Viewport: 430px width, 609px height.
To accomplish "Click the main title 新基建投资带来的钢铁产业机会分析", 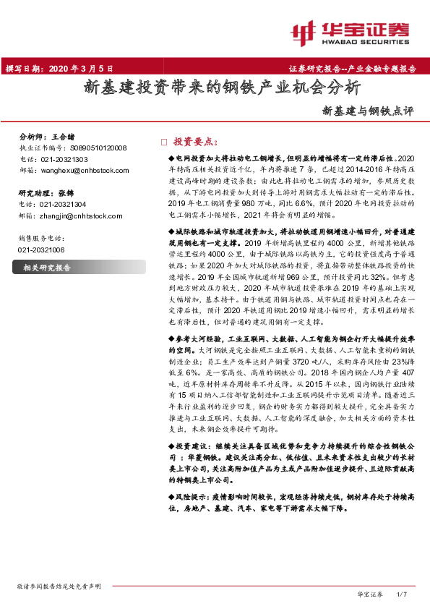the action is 222,89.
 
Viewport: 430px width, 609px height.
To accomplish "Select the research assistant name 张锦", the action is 66,194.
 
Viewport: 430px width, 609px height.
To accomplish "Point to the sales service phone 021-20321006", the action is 43,249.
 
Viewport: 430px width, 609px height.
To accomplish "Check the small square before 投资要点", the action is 163,142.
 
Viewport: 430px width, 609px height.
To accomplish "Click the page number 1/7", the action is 403,593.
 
